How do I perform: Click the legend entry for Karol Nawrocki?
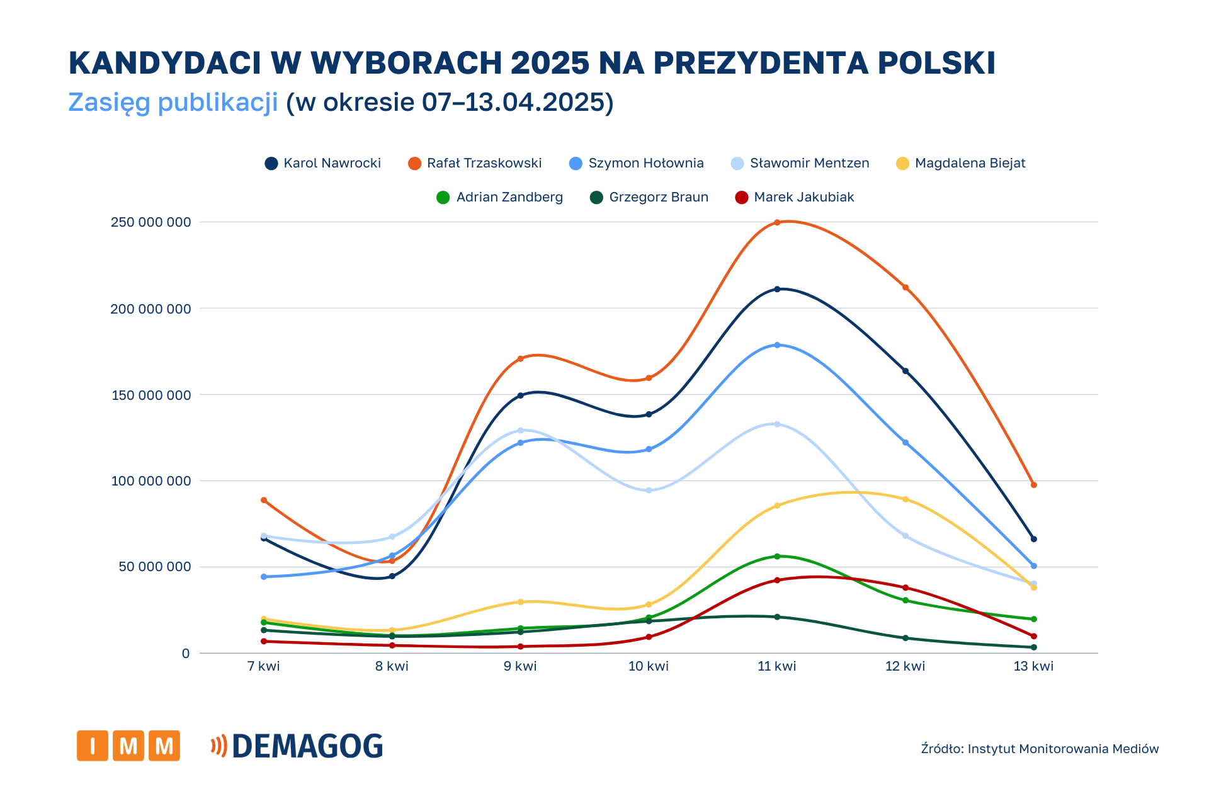coord(323,164)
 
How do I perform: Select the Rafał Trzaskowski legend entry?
coord(475,164)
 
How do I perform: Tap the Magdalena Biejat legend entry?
coord(961,164)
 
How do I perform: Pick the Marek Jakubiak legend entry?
coord(795,198)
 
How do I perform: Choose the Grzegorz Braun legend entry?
coord(649,198)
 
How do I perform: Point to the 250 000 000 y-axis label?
coord(150,222)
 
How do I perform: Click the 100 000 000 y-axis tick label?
coord(150,481)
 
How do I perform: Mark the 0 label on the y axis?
coord(186,654)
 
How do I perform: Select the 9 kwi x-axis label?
coord(520,667)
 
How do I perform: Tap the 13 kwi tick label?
coord(1033,667)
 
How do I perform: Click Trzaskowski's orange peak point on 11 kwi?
coord(777,222)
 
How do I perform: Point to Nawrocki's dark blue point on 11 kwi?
coord(777,289)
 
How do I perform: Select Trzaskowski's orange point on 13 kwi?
coord(1033,485)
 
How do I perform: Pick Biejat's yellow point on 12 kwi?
coord(905,499)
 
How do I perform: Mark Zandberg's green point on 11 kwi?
coord(777,557)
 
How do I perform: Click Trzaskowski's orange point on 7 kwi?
coord(264,500)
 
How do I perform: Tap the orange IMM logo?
coord(128,746)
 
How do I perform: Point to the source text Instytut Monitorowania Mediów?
coord(1063,749)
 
